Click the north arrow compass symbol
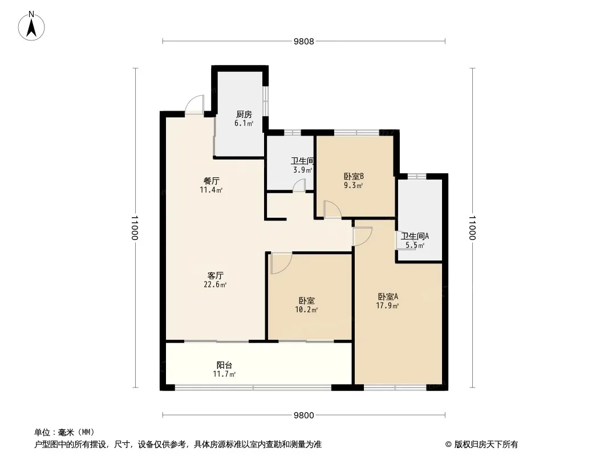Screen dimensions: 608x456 click(31, 26)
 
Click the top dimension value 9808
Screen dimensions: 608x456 click(303, 42)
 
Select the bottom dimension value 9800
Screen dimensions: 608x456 click(303, 416)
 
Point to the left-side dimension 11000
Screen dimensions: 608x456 click(135, 228)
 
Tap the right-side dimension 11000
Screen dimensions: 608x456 click(472, 228)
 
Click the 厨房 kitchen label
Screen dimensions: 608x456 click(244, 115)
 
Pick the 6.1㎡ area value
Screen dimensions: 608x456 click(244, 124)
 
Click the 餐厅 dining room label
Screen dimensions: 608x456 click(212, 181)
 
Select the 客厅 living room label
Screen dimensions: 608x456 click(215, 275)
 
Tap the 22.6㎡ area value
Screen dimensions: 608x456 click(215, 285)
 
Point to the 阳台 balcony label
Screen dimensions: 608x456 click(224, 365)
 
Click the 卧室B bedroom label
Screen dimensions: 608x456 click(354, 176)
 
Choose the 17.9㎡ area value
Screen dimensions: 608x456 click(387, 306)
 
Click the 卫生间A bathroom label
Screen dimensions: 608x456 click(415, 236)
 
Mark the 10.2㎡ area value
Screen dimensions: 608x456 click(306, 310)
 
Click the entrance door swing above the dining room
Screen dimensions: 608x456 click(194, 104)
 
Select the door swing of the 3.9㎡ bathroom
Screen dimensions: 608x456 click(299, 185)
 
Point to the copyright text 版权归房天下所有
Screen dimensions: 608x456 click(486, 445)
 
